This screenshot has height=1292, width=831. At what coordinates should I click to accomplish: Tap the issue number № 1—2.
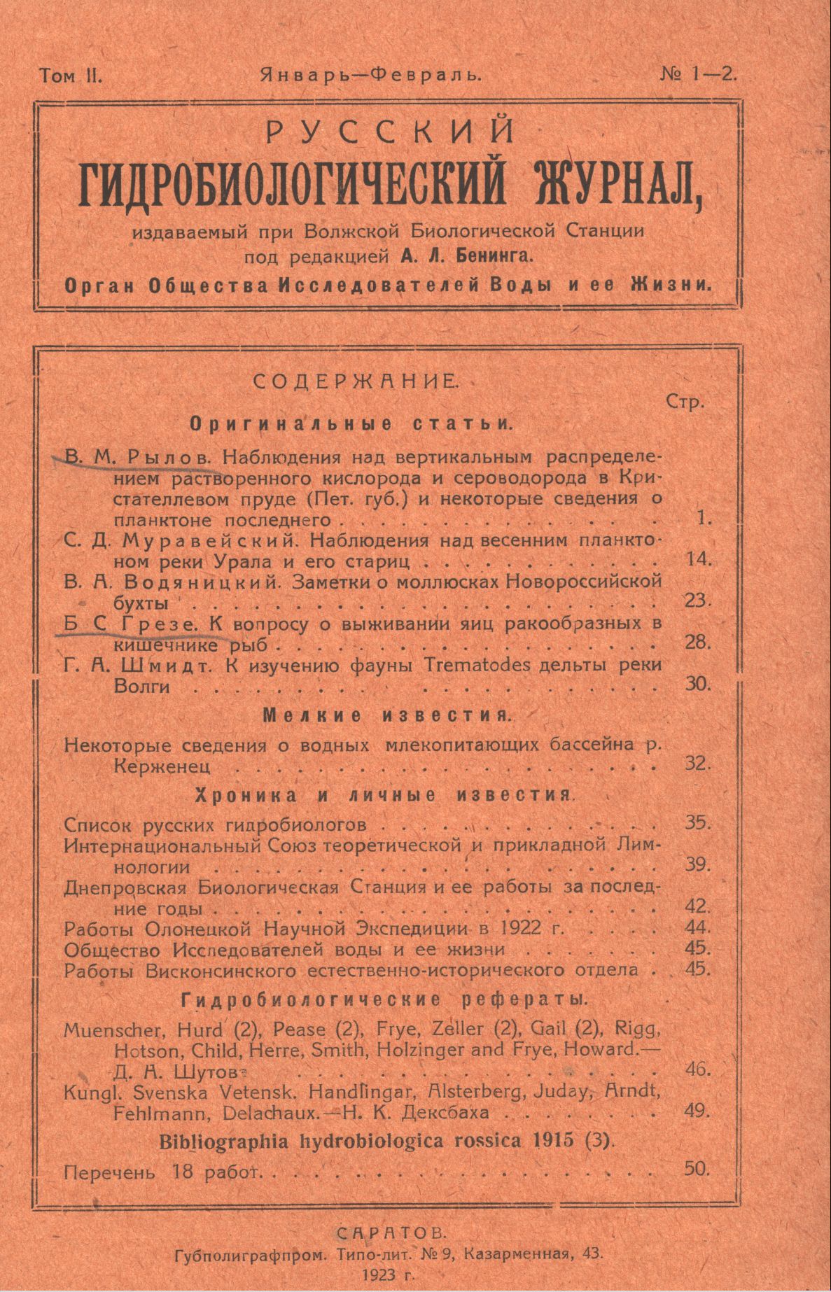click(x=698, y=74)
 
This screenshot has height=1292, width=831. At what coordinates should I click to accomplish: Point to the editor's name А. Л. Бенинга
click(x=467, y=257)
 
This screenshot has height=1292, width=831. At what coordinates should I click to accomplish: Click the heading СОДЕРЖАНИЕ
click(x=356, y=381)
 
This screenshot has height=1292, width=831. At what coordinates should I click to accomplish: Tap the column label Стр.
click(x=685, y=402)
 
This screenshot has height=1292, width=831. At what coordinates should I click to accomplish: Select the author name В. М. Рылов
click(x=138, y=458)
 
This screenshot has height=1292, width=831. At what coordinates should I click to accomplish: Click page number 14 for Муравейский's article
click(x=698, y=559)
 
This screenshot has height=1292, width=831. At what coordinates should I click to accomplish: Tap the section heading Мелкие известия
click(x=386, y=715)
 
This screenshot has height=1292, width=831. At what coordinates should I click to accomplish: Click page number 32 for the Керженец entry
click(x=698, y=764)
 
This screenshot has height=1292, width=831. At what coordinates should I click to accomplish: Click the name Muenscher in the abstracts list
click(x=107, y=1030)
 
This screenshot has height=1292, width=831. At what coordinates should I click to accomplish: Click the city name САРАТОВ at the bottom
click(x=390, y=1233)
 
